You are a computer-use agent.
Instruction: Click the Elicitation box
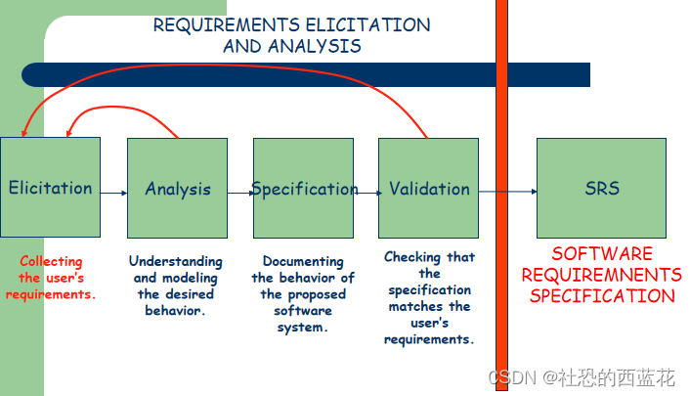tap(50, 187)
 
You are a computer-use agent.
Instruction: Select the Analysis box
tap(177, 188)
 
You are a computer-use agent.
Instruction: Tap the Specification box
tap(303, 188)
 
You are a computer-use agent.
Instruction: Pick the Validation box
tap(429, 188)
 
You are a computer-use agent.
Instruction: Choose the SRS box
tap(601, 188)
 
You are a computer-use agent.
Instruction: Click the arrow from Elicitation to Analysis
tap(114, 193)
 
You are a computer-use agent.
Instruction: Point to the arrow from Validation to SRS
tap(508, 192)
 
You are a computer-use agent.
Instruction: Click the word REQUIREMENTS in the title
tap(226, 25)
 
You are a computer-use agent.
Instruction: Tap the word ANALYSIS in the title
tap(314, 46)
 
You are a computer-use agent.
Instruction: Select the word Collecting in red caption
tap(51, 261)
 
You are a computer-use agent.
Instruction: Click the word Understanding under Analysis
tap(176, 261)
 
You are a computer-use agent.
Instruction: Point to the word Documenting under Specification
tap(303, 261)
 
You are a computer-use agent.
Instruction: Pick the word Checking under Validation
tap(412, 257)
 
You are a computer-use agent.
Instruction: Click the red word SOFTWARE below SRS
tap(602, 253)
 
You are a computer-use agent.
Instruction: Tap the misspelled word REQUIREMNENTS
tap(601, 275)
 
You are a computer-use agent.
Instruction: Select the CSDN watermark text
tap(582, 378)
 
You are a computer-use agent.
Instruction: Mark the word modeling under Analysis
tap(191, 278)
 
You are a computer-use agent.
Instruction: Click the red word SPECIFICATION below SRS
tap(602, 296)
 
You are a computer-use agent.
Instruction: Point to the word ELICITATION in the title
tap(367, 25)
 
